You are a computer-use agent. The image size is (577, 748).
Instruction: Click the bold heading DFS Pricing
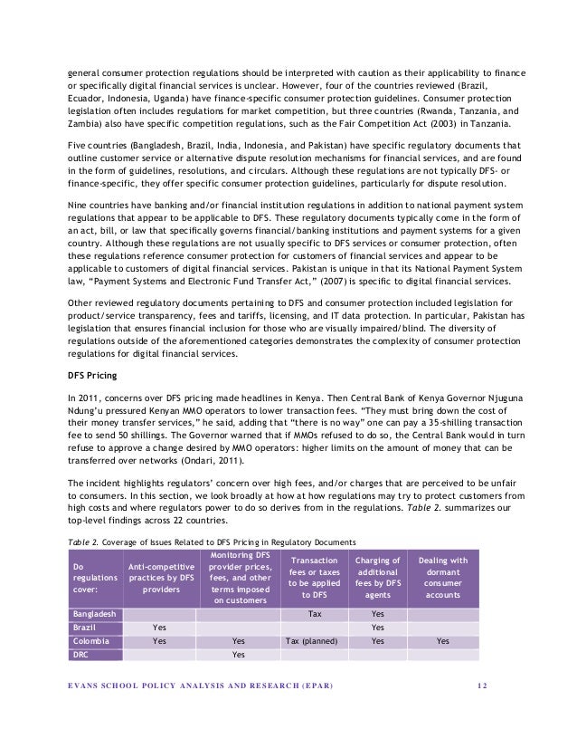coord(96,375)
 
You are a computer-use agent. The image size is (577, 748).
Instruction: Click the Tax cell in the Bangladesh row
coord(315,613)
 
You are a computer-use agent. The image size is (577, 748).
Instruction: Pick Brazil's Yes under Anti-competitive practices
coord(159,627)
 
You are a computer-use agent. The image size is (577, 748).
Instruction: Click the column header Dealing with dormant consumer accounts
coord(441,578)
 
